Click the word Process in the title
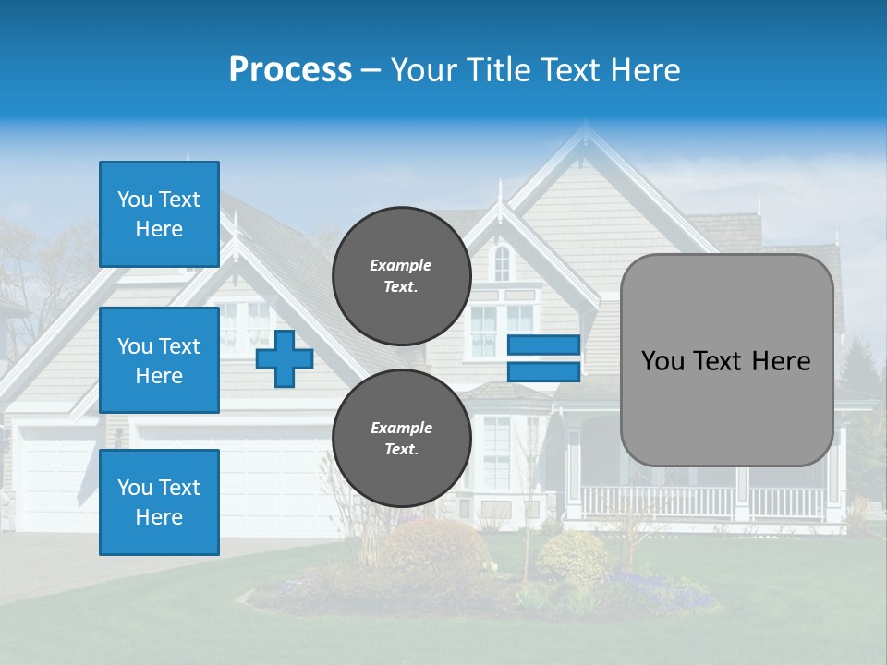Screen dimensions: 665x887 290,69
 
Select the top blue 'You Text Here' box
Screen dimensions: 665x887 159,214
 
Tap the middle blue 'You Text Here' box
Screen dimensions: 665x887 159,360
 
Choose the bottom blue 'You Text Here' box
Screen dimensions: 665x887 159,502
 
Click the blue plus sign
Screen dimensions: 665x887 285,358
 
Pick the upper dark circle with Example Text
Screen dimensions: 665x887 401,276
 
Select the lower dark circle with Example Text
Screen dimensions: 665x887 401,439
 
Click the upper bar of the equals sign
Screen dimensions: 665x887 543,345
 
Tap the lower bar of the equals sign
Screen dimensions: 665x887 543,372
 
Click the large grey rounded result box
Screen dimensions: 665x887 726,360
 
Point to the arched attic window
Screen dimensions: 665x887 502,263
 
